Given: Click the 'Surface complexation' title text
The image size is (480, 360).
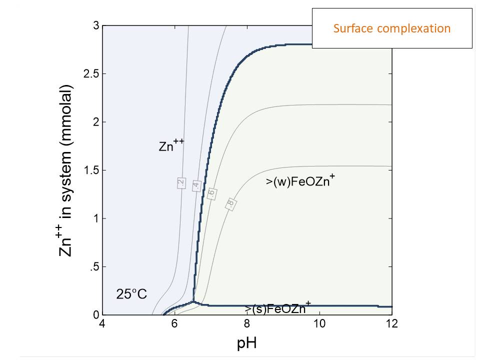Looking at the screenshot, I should [x=392, y=28].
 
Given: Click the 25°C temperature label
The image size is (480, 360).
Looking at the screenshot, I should [x=131, y=294].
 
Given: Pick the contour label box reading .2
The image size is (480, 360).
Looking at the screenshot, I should [x=181, y=183].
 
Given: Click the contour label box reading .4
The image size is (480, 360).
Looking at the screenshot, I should [x=196, y=185].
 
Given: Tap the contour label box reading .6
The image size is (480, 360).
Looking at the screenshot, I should [x=211, y=194].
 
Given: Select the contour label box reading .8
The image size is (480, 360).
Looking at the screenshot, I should [x=230, y=203].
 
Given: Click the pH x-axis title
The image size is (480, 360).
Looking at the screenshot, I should [x=247, y=343].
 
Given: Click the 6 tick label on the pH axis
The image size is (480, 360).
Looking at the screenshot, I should [x=174, y=324].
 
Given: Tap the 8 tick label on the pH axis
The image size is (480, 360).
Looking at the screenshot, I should [x=247, y=324].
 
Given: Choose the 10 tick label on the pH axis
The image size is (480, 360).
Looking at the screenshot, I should [x=319, y=324].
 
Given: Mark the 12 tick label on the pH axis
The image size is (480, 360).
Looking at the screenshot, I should [x=392, y=324].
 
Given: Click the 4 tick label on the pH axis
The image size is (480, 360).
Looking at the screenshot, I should [x=102, y=324].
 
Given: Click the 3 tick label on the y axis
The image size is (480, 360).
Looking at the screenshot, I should [x=96, y=26].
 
